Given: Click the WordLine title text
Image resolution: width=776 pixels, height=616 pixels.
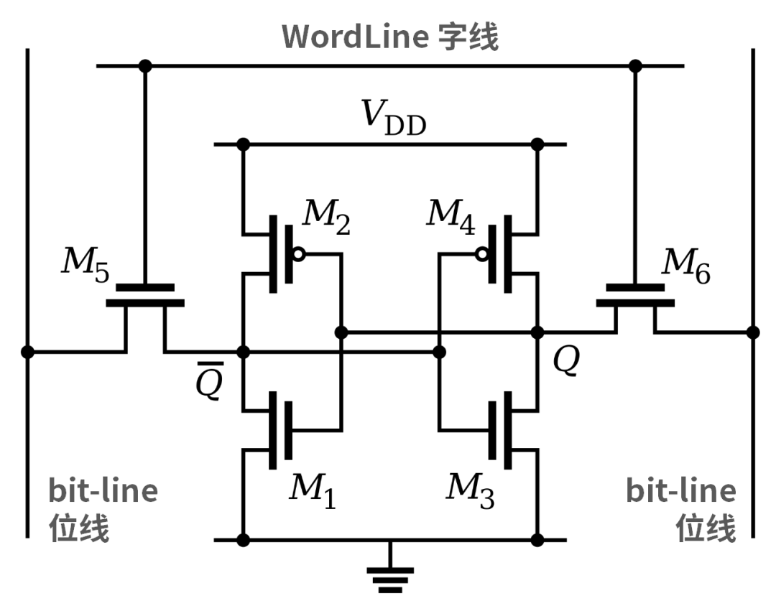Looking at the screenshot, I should [x=390, y=36].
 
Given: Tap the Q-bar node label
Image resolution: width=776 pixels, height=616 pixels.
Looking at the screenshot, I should [x=210, y=385].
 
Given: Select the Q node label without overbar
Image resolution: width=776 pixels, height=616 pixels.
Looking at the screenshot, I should [x=565, y=363].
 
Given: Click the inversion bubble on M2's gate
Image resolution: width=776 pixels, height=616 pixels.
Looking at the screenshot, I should [x=298, y=254].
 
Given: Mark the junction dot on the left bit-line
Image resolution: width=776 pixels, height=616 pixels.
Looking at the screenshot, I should [x=27, y=352].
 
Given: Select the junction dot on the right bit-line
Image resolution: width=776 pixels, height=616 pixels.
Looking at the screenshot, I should [x=752, y=332].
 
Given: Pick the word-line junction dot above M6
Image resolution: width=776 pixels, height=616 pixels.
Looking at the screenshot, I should [x=634, y=66].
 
